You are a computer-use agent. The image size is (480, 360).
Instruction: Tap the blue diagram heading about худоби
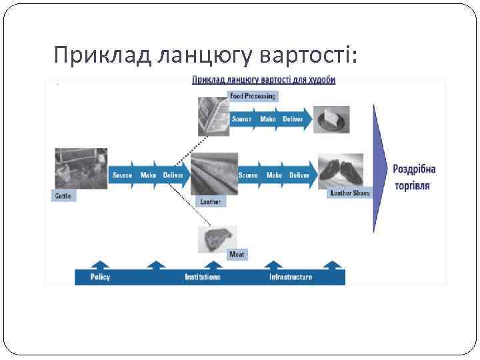[263, 80]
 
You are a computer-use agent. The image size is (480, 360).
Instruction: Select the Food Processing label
[252, 96]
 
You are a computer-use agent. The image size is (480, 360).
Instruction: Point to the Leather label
[210, 201]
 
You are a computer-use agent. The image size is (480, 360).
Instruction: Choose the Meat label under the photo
[237, 254]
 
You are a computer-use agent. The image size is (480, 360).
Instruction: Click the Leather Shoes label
[349, 193]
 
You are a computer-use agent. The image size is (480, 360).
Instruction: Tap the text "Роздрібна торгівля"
[414, 177]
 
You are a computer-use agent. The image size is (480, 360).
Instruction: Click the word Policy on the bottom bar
[101, 277]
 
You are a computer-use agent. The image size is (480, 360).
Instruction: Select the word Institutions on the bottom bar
[203, 277]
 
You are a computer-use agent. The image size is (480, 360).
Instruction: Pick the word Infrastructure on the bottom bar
[290, 277]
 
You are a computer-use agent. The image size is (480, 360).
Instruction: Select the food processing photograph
[213, 115]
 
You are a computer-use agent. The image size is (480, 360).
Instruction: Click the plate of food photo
[331, 119]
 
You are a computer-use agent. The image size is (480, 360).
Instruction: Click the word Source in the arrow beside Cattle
[122, 175]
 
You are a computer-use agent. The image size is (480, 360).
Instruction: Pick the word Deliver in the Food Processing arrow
[292, 119]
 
